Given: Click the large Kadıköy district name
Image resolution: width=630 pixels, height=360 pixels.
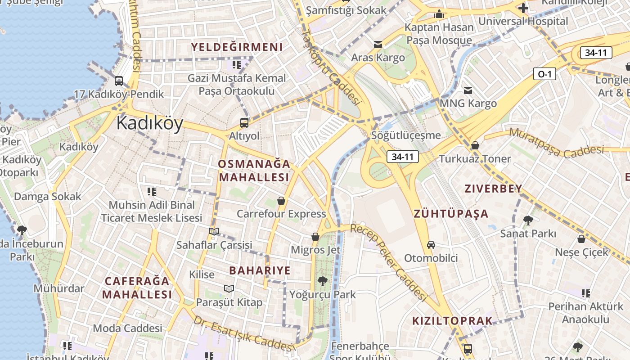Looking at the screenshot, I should pos(150,123).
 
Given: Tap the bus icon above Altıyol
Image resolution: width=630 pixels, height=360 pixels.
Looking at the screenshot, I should pos(244,122).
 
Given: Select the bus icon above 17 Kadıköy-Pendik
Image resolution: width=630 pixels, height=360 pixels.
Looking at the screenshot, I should pos(119,81).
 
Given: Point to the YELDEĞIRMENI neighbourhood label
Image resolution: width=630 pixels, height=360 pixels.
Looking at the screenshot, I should pos(237,47).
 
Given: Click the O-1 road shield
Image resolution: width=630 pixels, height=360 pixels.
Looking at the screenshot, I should pos(544,74).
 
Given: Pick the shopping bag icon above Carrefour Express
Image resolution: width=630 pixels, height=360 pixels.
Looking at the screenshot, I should pos(281,201).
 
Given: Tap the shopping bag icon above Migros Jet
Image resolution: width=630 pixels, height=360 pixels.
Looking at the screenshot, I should pos(315,237).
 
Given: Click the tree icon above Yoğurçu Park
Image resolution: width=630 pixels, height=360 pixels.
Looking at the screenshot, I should pos(322,282).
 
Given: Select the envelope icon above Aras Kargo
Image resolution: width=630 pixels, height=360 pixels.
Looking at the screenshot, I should pos(378,45).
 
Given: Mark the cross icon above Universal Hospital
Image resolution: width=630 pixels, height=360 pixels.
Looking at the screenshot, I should pos(523,8).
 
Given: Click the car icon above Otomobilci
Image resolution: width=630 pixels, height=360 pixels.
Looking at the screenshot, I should pos(431,245).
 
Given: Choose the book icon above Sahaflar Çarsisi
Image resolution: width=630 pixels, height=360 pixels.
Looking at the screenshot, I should pos(214,232).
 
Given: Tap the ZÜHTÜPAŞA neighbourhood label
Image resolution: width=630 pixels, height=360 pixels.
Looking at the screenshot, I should pos(451,214).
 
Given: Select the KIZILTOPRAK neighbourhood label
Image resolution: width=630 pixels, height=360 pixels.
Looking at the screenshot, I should pos(452,321).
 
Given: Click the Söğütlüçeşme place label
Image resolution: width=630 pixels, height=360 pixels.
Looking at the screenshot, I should pos(406,135).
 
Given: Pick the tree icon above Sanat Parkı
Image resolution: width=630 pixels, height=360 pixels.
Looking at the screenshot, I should pos(528,220).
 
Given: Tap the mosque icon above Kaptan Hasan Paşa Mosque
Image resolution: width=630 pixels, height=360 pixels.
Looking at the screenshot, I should pos(439,14).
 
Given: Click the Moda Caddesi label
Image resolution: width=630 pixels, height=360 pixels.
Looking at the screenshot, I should pos(127,328).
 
